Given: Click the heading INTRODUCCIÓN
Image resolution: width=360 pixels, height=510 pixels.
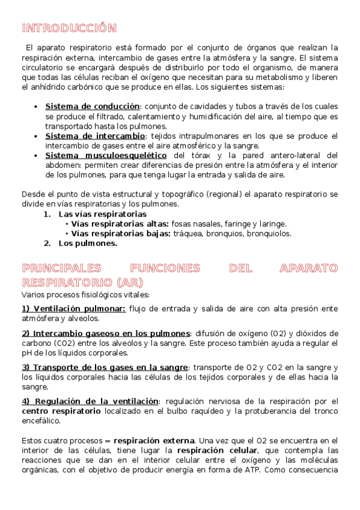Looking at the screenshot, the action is [69, 28].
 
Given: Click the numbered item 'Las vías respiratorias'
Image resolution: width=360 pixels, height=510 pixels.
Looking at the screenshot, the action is [102, 214].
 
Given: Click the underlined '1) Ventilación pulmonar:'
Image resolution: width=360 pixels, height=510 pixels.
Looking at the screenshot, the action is [73, 309].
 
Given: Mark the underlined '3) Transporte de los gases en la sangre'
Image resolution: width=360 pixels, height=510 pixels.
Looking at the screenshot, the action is [105, 367].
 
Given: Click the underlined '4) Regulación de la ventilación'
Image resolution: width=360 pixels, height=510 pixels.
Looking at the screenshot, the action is [90, 401].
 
